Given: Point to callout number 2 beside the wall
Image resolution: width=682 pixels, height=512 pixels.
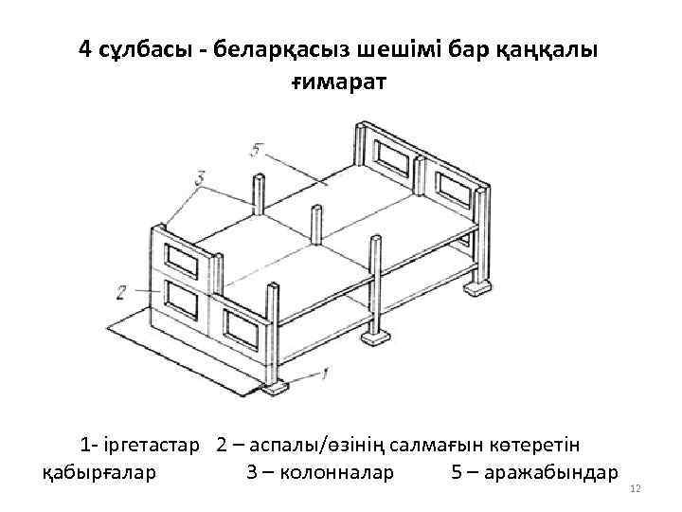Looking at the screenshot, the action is click(x=121, y=289).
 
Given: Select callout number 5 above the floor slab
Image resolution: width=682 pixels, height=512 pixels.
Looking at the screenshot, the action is click(x=258, y=149).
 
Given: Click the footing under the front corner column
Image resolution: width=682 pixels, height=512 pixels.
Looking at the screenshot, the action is click(x=275, y=387).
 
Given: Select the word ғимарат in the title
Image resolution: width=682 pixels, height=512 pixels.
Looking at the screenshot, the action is click(x=338, y=83).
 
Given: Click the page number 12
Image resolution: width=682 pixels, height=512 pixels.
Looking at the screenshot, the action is click(x=636, y=488).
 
